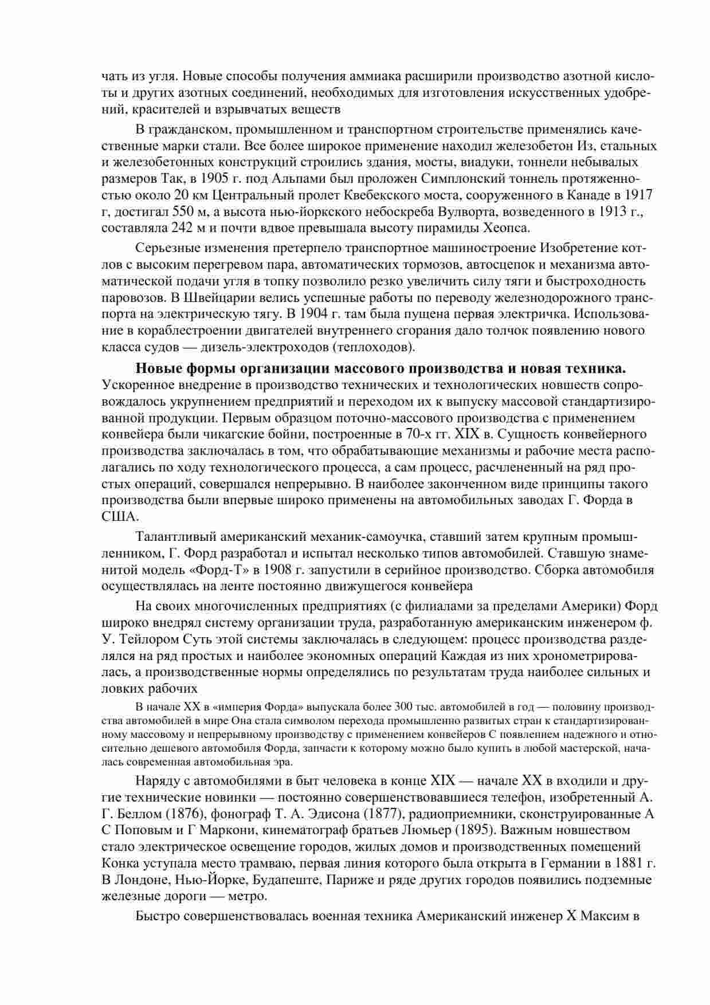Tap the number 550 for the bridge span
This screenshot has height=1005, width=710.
pos(185,211)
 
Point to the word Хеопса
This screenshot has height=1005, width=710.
pos(503,227)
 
